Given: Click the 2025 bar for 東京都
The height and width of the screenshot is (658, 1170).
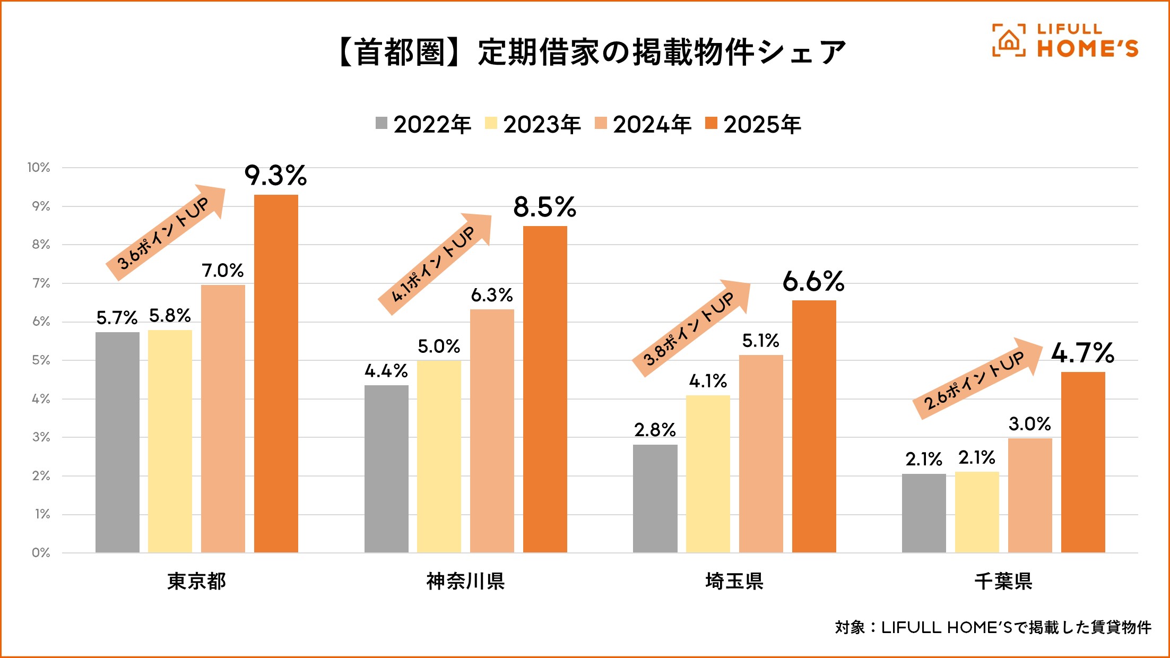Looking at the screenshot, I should point(276,374).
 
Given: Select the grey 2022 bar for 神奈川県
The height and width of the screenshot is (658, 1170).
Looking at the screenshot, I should point(386,469).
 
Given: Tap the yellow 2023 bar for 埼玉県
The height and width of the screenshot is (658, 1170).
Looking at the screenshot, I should point(708,474).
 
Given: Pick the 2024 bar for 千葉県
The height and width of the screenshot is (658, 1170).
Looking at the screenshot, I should point(1030,496).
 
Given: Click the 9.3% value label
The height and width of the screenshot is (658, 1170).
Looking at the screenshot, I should point(275,176).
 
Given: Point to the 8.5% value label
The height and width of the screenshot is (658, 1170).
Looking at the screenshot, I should point(544,207).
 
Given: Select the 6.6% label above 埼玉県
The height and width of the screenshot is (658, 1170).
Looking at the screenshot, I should point(813,281).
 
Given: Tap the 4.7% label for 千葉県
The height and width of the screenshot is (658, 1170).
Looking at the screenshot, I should point(1082,353).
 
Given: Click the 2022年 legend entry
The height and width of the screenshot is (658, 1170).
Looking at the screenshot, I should point(423,125).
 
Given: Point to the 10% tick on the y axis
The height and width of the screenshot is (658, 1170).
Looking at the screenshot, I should point(39,168).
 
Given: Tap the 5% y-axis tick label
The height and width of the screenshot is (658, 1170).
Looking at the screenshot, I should point(41,360).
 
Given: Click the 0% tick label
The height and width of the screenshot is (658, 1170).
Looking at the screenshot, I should point(41,553).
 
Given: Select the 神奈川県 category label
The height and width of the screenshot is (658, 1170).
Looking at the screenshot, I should point(465,582).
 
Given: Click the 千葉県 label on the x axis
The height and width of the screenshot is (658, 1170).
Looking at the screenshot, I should point(1003,582).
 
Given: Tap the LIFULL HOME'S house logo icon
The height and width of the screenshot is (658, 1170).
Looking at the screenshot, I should point(1008,40).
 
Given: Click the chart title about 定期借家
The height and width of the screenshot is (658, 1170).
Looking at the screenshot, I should point(592,53).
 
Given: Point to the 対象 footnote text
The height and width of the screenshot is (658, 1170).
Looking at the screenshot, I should point(993,628).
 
